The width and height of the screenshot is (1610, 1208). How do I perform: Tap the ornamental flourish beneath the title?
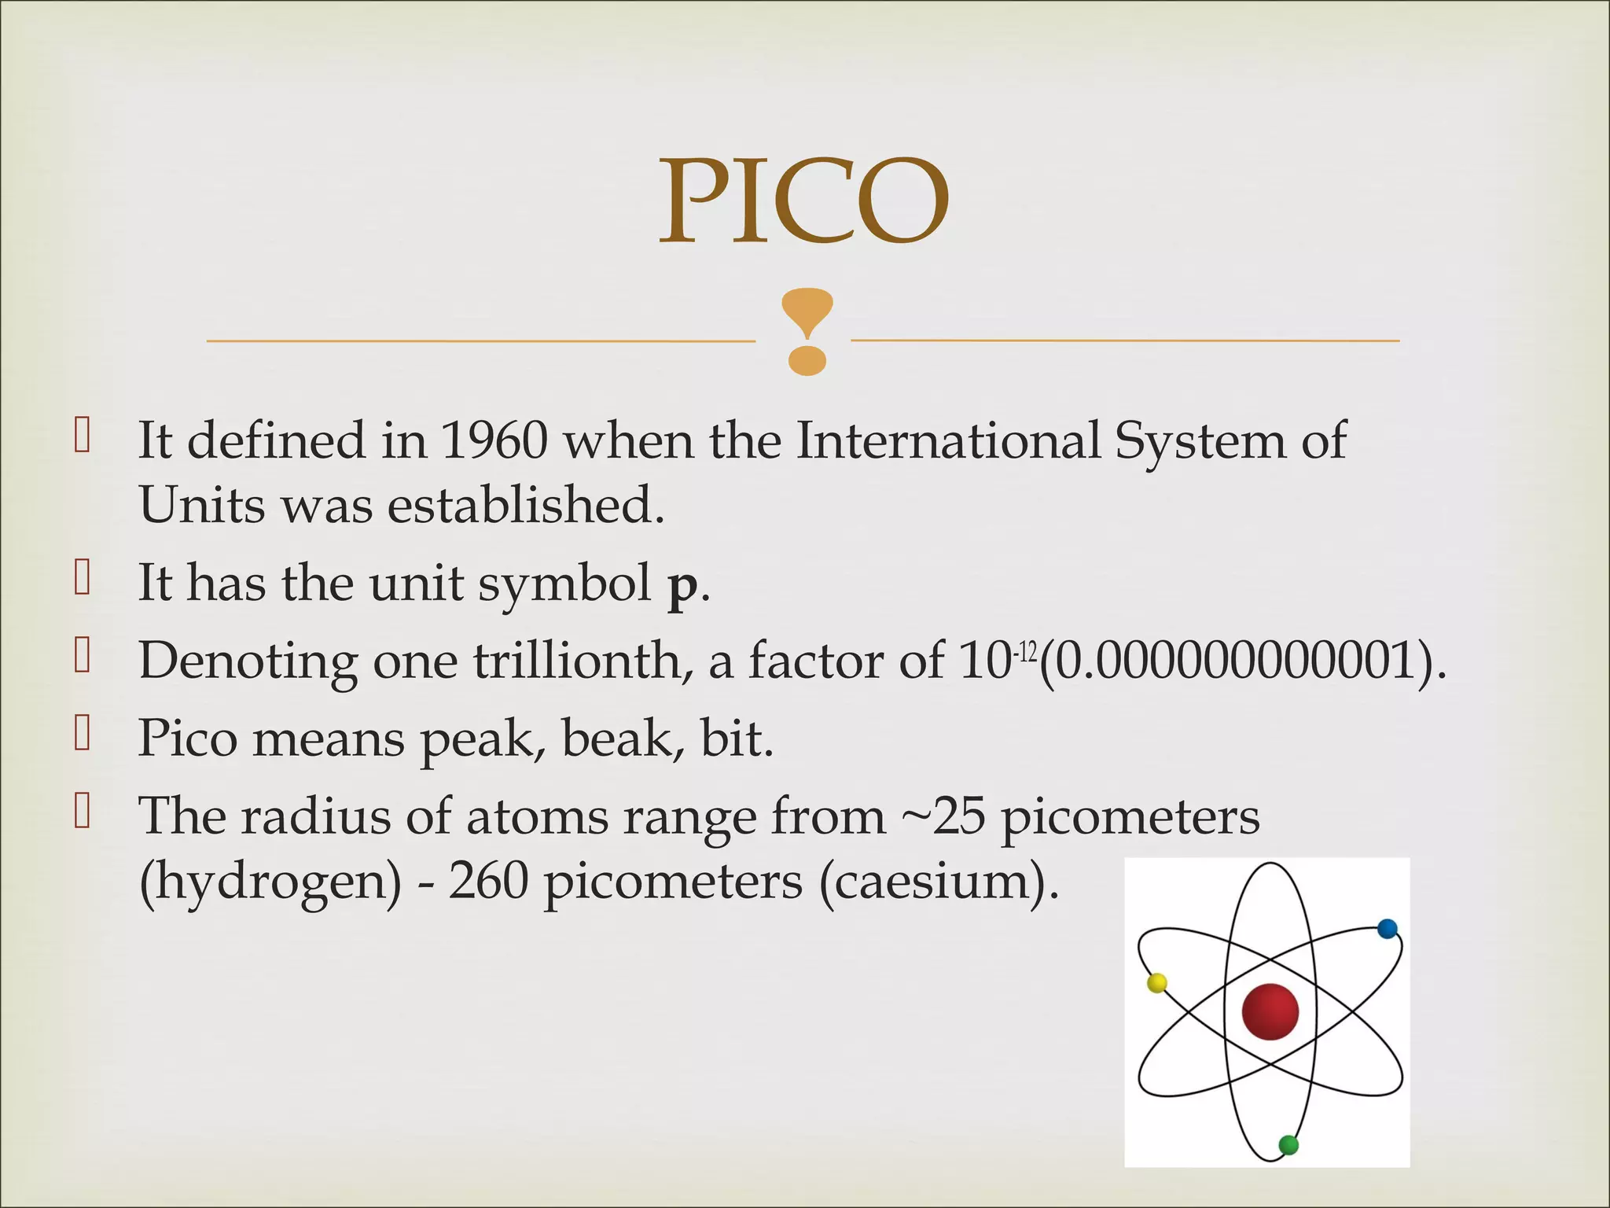[807, 331]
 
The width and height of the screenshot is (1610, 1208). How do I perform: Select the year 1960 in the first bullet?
[494, 440]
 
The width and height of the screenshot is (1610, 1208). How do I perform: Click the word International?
[947, 440]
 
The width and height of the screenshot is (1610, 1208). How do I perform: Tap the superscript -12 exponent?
[1026, 652]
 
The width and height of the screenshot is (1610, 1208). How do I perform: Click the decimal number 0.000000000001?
[1235, 661]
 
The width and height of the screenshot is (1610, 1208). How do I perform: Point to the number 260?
[488, 882]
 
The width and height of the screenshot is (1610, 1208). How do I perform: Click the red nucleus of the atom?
[1270, 1011]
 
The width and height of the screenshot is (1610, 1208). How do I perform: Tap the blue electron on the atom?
[1388, 929]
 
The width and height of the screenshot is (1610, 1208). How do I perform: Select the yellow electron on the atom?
[1156, 983]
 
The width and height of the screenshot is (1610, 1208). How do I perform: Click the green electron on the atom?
[1288, 1145]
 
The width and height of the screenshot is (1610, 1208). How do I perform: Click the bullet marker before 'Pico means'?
[83, 733]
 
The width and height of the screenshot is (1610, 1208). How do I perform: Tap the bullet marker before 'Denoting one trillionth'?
[83, 655]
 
